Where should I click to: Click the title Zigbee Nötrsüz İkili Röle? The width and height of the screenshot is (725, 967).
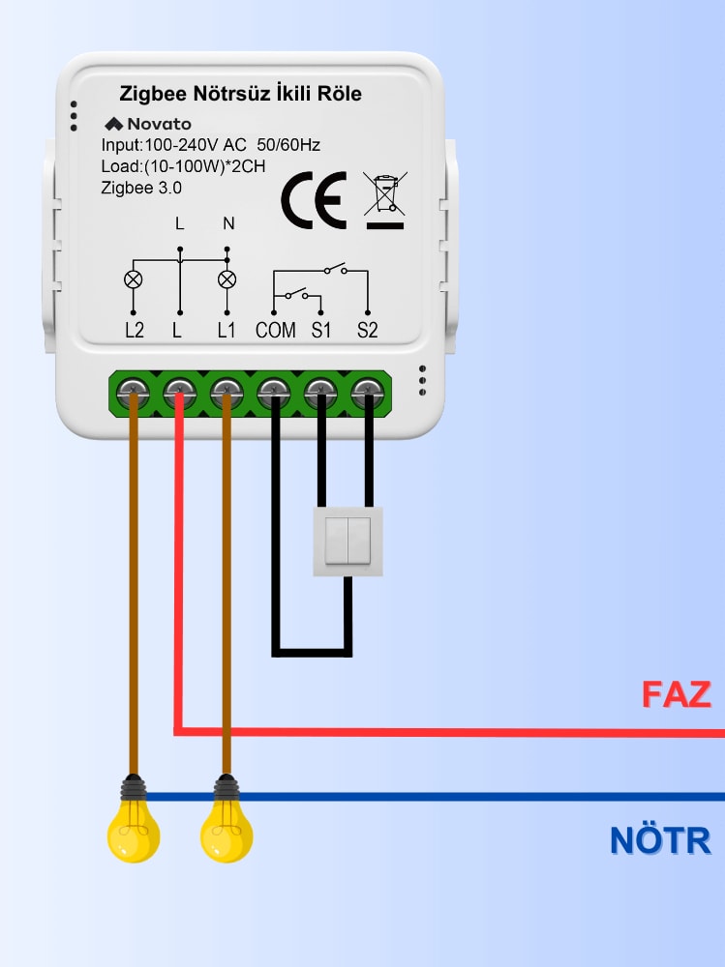pyautogui.click(x=240, y=94)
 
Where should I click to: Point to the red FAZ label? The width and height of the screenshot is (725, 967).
pyautogui.click(x=676, y=694)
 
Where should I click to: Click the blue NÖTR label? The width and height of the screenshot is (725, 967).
pyautogui.click(x=660, y=840)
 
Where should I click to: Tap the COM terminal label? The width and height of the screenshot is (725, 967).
pyautogui.click(x=276, y=330)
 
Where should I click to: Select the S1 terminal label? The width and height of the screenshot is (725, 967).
pyautogui.click(x=321, y=330)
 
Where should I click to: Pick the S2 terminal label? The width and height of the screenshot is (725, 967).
pyautogui.click(x=367, y=330)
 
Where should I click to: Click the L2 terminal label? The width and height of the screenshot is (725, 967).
pyautogui.click(x=135, y=330)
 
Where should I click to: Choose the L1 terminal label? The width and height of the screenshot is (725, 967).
pyautogui.click(x=227, y=330)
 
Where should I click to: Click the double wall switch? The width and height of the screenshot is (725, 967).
pyautogui.click(x=347, y=542)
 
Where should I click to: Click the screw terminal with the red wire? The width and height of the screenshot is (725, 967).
pyautogui.click(x=179, y=393)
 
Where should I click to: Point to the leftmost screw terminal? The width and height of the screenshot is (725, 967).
pyautogui.click(x=134, y=393)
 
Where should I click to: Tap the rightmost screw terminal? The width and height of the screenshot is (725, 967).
pyautogui.click(x=367, y=393)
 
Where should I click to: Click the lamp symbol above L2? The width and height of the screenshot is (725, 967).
pyautogui.click(x=134, y=280)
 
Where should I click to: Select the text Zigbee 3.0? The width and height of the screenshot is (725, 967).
pyautogui.click(x=141, y=188)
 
